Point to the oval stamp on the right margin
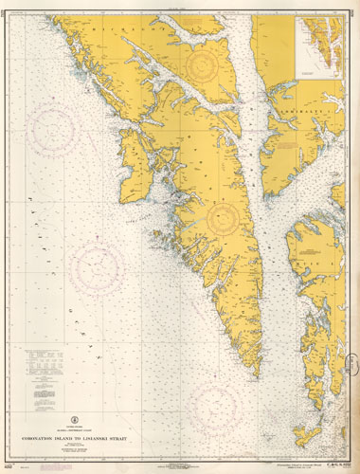(x=352, y=366)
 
